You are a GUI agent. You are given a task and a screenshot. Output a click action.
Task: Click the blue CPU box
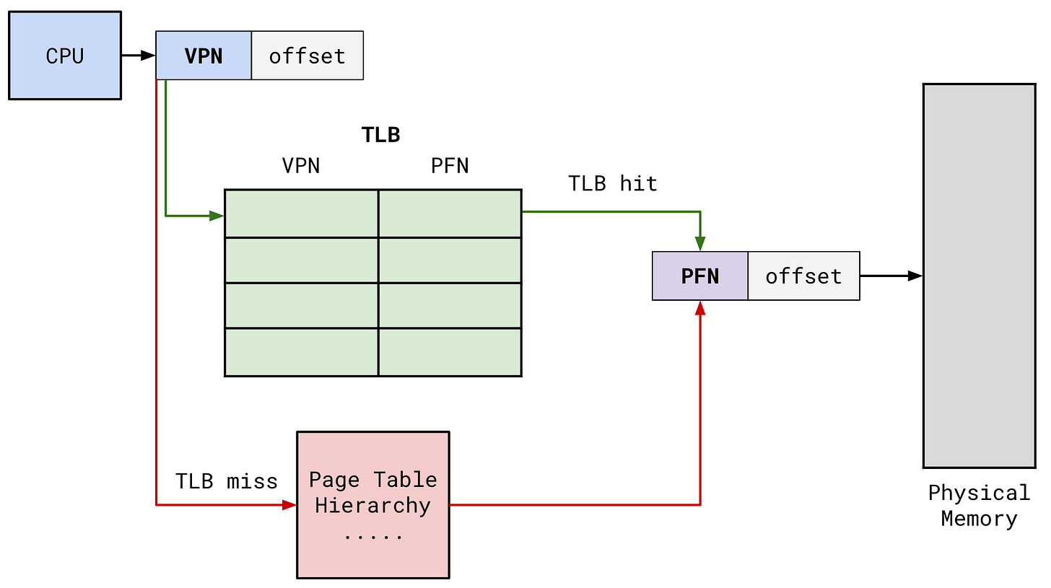coord(65,56)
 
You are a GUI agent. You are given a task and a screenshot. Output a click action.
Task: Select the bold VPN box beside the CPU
coord(204,56)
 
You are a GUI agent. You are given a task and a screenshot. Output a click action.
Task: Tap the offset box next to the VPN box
coord(308,56)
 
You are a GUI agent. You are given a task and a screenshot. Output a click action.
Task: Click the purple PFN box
coord(700,276)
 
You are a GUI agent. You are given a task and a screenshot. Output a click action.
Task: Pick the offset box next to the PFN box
coord(803,276)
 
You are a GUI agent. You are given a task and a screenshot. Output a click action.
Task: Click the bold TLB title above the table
coord(380,135)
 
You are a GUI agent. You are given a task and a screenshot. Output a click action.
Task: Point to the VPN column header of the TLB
coord(301,166)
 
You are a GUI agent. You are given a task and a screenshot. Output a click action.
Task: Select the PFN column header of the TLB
coord(450,166)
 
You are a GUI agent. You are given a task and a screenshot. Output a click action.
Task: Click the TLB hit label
coord(613,184)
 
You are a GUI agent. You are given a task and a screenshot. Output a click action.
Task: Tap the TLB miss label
coord(227,481)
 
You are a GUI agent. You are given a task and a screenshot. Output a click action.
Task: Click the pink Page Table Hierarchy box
coord(373,504)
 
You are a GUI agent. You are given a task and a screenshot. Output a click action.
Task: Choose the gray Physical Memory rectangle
coord(979,275)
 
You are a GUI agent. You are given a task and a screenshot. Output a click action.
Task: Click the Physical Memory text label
coord(979,506)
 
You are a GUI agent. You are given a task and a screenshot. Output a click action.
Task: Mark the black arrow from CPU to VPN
coord(139,56)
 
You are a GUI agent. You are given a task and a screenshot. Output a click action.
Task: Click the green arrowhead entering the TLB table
coord(217,215)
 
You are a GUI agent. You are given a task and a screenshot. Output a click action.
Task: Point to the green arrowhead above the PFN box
coord(700,243)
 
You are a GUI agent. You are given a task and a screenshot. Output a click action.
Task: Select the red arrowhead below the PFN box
coord(700,309)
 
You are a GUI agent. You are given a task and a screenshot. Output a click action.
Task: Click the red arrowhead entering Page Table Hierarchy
coord(289,505)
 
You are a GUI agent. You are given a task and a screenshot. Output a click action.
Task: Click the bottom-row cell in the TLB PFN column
coord(450,352)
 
